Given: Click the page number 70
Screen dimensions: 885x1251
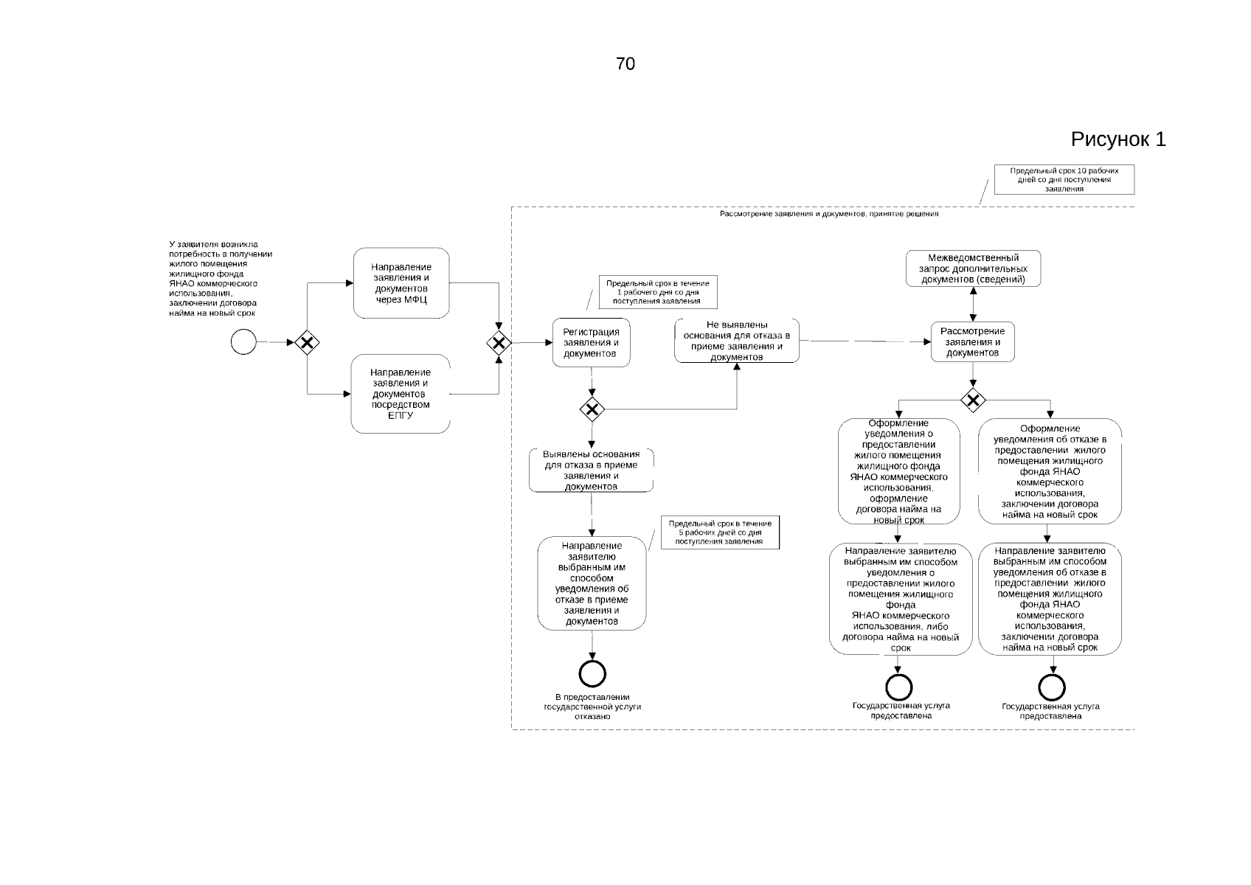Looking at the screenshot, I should tap(625, 64).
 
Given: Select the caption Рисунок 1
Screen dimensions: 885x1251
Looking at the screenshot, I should tap(1117, 139).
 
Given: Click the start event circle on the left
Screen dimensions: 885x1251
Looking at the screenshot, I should tap(243, 342).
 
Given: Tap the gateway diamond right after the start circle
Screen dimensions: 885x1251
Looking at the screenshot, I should tap(306, 342).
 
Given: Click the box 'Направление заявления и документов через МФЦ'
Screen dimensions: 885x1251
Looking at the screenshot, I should tap(401, 283).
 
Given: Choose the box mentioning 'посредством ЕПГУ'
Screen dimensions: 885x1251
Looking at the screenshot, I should tap(401, 394).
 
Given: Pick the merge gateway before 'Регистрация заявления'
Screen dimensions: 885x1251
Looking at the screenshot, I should tap(499, 343).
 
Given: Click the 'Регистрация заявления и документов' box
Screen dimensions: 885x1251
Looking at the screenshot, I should tap(592, 343).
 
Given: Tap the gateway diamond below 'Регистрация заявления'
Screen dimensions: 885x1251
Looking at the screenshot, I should tap(592, 409).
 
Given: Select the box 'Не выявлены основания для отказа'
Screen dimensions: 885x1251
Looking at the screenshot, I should tap(737, 341).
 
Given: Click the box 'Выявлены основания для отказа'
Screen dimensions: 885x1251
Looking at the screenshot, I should tap(591, 471).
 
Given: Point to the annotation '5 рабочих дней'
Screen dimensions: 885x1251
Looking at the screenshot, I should tap(719, 532).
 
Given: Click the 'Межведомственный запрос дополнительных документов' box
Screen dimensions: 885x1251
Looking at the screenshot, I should tap(973, 268).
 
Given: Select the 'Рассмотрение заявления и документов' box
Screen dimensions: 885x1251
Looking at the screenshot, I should tap(973, 342).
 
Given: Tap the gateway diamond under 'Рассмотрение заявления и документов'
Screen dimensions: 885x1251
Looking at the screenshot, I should tap(974, 400).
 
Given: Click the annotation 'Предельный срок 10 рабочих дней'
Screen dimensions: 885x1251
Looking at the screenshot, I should tap(1064, 179).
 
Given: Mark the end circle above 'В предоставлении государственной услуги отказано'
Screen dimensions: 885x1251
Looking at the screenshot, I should tap(592, 673).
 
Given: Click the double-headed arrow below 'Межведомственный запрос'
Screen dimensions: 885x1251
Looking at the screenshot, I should tap(974, 304).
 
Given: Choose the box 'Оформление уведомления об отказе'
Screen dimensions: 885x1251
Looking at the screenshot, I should tap(1050, 471).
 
